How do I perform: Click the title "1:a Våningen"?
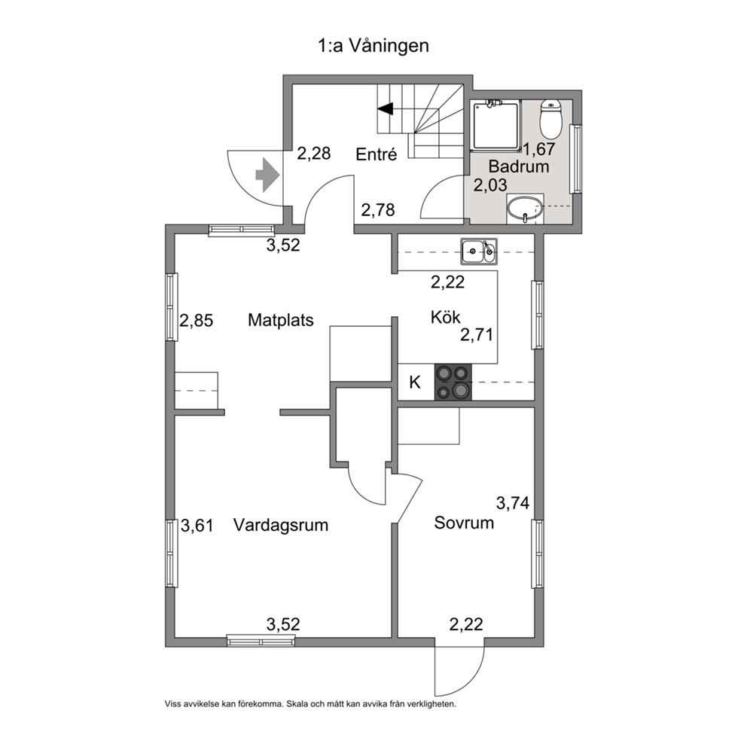click(x=373, y=46)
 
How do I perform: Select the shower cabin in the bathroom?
click(x=495, y=126)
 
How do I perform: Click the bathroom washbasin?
click(x=525, y=209)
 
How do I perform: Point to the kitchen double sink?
click(x=479, y=251)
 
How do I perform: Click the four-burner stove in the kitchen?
click(x=453, y=382)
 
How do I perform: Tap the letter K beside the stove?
click(x=415, y=382)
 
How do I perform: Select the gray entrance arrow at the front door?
click(x=267, y=175)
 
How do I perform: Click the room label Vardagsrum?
click(x=281, y=525)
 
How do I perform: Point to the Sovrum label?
click(x=464, y=523)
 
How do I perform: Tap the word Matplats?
click(x=281, y=320)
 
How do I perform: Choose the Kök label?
click(x=445, y=317)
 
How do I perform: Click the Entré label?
click(x=377, y=154)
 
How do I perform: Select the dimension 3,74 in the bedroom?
click(x=513, y=503)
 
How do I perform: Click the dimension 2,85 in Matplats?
click(x=196, y=321)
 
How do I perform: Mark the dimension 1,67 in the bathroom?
click(x=539, y=149)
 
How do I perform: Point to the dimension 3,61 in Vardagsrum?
click(x=197, y=526)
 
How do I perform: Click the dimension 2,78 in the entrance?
click(x=378, y=210)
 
